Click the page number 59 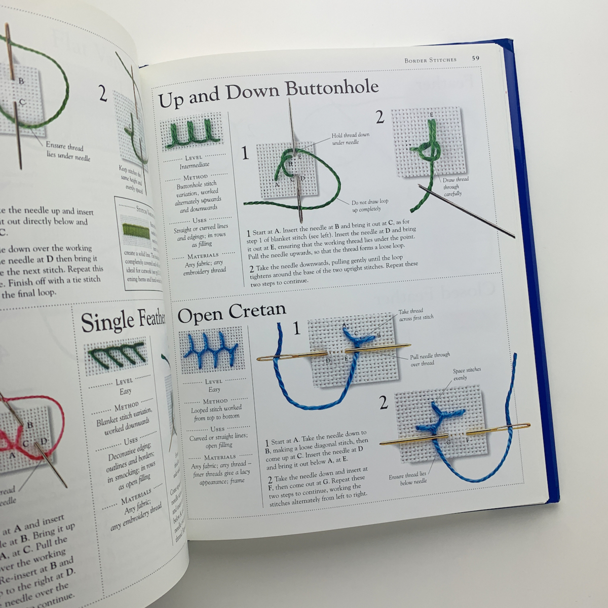(x=475, y=58)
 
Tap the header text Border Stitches (x=430, y=60)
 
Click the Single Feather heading (x=124, y=321)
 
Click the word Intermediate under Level (x=194, y=165)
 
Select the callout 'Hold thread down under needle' (x=350, y=139)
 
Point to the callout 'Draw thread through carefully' (x=455, y=186)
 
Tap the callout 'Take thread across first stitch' (x=416, y=314)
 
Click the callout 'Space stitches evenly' (x=467, y=374)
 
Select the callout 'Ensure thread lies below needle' (x=407, y=478)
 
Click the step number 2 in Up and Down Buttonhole (x=380, y=118)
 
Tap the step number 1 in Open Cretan (x=296, y=329)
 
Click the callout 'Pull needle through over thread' (x=430, y=359)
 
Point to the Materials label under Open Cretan (x=219, y=457)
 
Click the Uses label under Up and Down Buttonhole (x=199, y=220)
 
